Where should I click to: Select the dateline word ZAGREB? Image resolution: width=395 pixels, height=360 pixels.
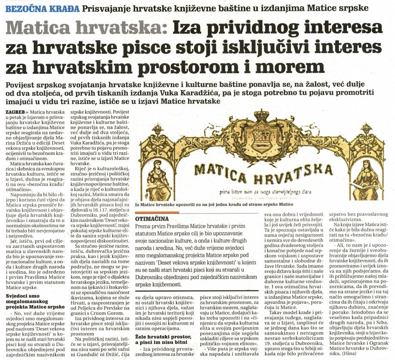point(14,112)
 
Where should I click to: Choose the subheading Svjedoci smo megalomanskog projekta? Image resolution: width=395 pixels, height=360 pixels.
point(35,301)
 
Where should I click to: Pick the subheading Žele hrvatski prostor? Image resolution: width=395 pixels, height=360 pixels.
point(164,339)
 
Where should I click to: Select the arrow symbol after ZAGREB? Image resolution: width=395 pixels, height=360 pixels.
point(27,112)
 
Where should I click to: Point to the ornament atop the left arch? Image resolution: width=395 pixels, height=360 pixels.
point(157,130)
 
